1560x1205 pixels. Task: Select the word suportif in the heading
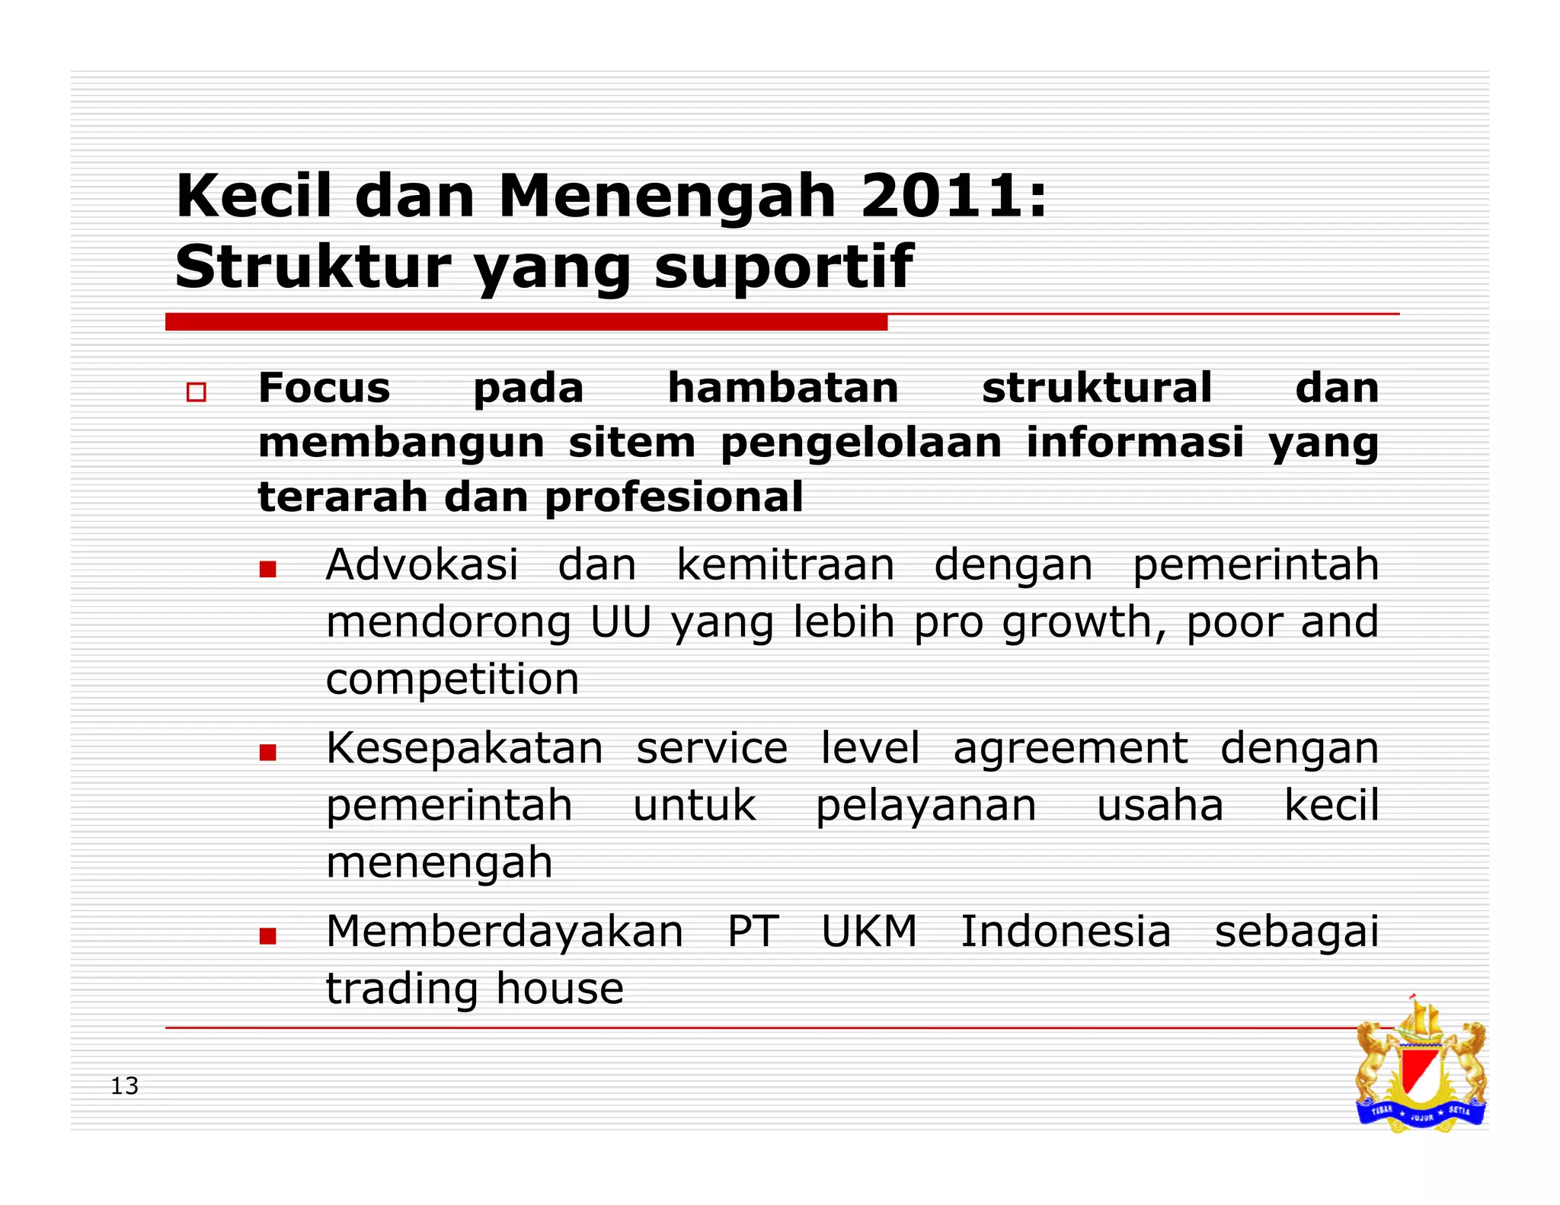[783, 268]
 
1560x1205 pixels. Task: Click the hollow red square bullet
[197, 392]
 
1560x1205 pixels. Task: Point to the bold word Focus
[324, 388]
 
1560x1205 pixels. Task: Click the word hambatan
[783, 388]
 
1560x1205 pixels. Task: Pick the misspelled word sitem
[631, 443]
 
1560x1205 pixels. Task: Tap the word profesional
[674, 498]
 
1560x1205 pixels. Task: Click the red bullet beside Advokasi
[267, 569]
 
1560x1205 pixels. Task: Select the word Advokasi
[422, 565]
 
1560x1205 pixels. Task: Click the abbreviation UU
[621, 622]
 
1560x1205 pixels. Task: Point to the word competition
[452, 679]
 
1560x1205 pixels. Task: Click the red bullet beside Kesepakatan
[267, 753]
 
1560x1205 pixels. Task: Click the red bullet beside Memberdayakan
[267, 936]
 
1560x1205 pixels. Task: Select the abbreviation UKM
[869, 932]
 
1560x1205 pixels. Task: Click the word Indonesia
[1065, 932]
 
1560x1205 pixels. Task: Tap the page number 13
[125, 1086]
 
